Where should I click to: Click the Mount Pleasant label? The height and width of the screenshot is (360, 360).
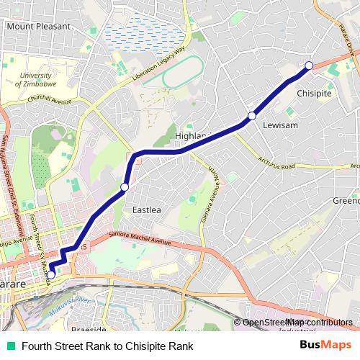(x=38, y=26)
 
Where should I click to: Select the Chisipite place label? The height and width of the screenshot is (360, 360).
(x=315, y=93)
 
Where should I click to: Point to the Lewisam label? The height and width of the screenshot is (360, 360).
(x=280, y=125)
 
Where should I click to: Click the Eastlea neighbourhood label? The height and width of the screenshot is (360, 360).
(x=147, y=210)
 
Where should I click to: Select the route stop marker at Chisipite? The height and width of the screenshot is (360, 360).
(x=309, y=66)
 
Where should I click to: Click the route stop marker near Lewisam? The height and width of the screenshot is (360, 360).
(x=252, y=115)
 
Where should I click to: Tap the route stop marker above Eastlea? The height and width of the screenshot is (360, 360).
(x=124, y=187)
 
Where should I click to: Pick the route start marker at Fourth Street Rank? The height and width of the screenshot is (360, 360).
(x=50, y=274)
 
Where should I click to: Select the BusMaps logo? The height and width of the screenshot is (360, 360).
(x=325, y=346)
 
